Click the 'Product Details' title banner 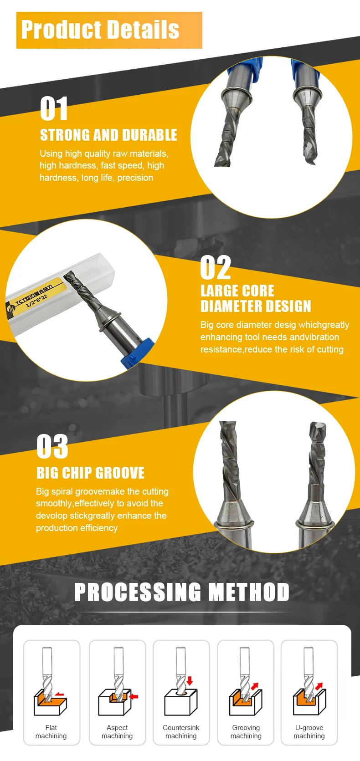coord(109,30)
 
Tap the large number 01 coord(54,108)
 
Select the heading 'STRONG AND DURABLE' coord(108,135)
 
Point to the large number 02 coord(216,267)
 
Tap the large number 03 coord(52,446)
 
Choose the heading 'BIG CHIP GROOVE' coord(90,473)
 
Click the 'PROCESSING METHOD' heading coord(181,592)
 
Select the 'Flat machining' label coord(51,732)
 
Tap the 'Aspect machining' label coord(117,732)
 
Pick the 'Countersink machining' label coord(181,732)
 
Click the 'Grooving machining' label coord(246,732)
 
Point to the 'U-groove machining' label coord(309,732)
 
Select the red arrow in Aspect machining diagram coord(134,696)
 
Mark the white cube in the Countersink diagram coord(181,703)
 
